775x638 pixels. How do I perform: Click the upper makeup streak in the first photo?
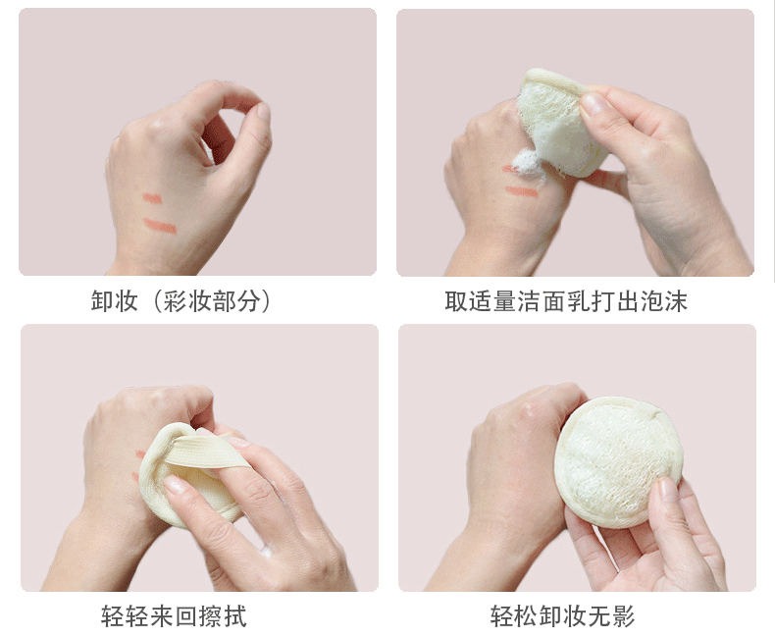tap(152, 198)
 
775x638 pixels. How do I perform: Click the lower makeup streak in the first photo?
tap(160, 226)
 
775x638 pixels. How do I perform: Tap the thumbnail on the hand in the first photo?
tap(262, 113)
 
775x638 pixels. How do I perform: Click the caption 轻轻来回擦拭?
tap(174, 616)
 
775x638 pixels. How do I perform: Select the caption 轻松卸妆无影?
tap(562, 616)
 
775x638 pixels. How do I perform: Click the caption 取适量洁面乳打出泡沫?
tap(566, 301)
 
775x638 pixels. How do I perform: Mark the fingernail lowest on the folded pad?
tap(176, 484)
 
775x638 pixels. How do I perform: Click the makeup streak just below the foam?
tap(522, 191)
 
